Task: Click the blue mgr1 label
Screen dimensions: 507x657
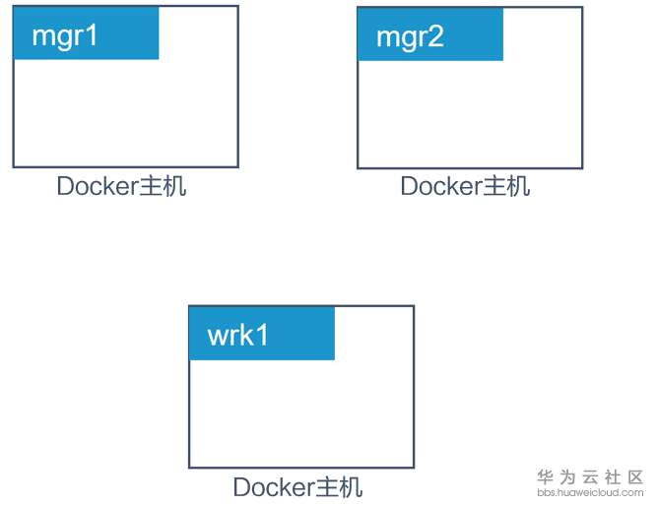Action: click(x=86, y=33)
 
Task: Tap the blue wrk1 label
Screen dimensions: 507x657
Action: click(x=262, y=334)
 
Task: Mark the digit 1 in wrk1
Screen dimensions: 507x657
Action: click(x=262, y=335)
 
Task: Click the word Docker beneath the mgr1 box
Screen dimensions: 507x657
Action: click(x=97, y=187)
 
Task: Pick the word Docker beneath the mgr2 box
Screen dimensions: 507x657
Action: click(x=440, y=186)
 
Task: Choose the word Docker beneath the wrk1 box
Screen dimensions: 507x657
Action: click(x=273, y=487)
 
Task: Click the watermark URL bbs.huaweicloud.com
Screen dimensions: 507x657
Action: click(x=590, y=492)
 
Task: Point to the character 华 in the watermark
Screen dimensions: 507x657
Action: click(x=545, y=476)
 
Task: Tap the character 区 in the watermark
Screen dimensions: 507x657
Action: click(x=635, y=476)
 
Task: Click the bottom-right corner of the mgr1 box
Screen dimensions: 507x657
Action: click(x=237, y=166)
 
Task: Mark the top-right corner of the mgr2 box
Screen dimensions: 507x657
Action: click(x=582, y=7)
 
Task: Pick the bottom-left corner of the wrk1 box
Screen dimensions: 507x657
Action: click(x=189, y=467)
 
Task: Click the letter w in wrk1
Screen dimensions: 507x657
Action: click(x=218, y=336)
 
